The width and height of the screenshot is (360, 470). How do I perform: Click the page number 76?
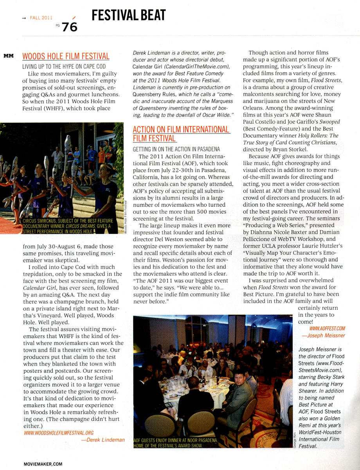tap(70, 27)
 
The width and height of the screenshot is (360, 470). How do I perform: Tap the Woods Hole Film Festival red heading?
tap(66, 57)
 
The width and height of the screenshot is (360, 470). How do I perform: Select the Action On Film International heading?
tap(181, 134)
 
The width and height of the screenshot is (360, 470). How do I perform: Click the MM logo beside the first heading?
tap(9, 56)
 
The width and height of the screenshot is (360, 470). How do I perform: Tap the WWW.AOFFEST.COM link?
tap(327, 328)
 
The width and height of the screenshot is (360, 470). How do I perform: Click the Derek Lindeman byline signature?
tap(103, 440)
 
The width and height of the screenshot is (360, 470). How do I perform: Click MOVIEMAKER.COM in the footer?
tap(43, 463)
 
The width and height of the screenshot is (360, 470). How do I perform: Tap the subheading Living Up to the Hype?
tap(64, 67)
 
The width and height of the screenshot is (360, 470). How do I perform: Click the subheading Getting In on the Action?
tap(176, 149)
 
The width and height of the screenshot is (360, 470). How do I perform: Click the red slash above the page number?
tap(74, 18)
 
